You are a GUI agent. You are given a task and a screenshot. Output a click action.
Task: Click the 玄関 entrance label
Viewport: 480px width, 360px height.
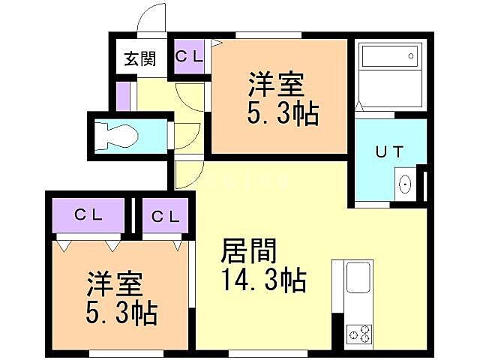coord(139,58)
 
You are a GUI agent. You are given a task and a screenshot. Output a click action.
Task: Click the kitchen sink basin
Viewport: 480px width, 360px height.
coord(357,280)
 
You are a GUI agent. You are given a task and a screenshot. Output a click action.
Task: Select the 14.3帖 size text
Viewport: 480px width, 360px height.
coord(262,281)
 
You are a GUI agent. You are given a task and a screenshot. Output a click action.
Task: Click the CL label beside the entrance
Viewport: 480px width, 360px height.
coord(188,55)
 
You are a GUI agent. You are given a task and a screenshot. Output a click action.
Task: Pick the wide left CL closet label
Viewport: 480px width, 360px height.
coord(88,215)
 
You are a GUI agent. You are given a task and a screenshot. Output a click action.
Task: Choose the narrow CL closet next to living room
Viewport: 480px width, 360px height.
coord(164,217)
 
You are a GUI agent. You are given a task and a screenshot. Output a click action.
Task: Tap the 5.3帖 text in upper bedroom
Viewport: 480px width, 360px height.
coord(283,114)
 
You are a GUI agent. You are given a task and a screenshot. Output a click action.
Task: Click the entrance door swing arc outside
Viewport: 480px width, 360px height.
coord(154,19)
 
